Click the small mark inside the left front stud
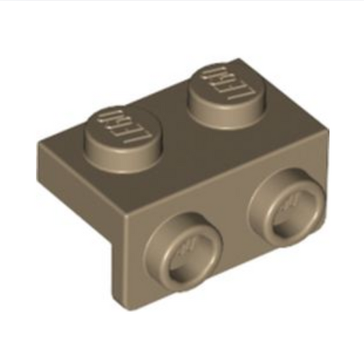tap(188, 247)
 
